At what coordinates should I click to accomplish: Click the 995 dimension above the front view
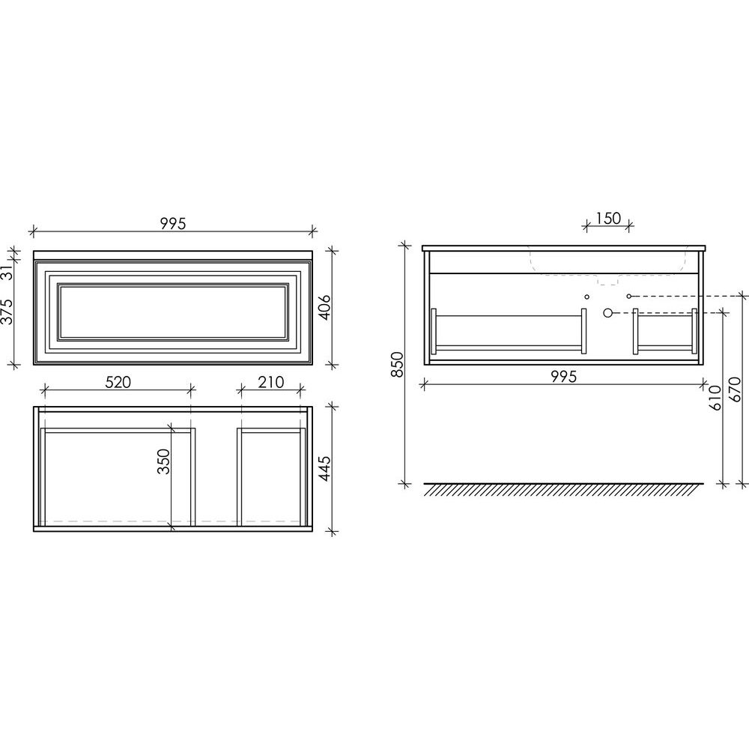(173, 223)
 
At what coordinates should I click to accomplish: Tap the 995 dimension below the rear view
(564, 377)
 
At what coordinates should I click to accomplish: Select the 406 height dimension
(324, 307)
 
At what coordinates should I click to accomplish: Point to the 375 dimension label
(7, 312)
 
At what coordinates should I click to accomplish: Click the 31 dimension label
(7, 273)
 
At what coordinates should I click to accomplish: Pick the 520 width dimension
(118, 382)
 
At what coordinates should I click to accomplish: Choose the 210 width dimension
(271, 382)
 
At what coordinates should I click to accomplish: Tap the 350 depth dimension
(164, 461)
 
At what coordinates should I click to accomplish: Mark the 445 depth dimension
(324, 468)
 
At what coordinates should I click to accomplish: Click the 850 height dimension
(398, 365)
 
